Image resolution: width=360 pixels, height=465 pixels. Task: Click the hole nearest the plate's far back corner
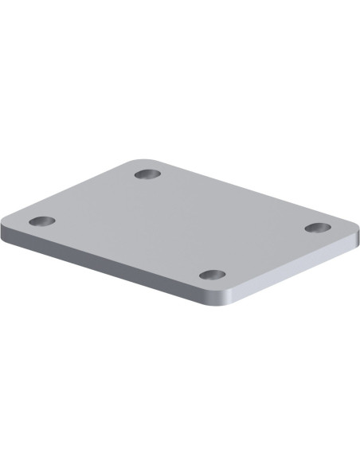[147, 174]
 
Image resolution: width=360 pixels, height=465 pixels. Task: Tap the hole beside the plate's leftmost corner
[42, 221]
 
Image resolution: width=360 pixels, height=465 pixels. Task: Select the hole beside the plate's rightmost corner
[318, 227]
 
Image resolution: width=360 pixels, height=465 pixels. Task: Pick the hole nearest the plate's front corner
[212, 275]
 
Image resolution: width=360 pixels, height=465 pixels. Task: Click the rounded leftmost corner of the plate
[6, 222]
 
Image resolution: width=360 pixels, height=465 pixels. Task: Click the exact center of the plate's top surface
[180, 224]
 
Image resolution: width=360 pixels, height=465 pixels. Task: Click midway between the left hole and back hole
[94, 197]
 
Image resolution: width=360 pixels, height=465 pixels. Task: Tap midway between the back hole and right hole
[233, 201]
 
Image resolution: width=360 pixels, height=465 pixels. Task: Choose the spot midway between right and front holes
[264, 251]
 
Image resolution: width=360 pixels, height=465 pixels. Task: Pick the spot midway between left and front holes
[127, 248]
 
